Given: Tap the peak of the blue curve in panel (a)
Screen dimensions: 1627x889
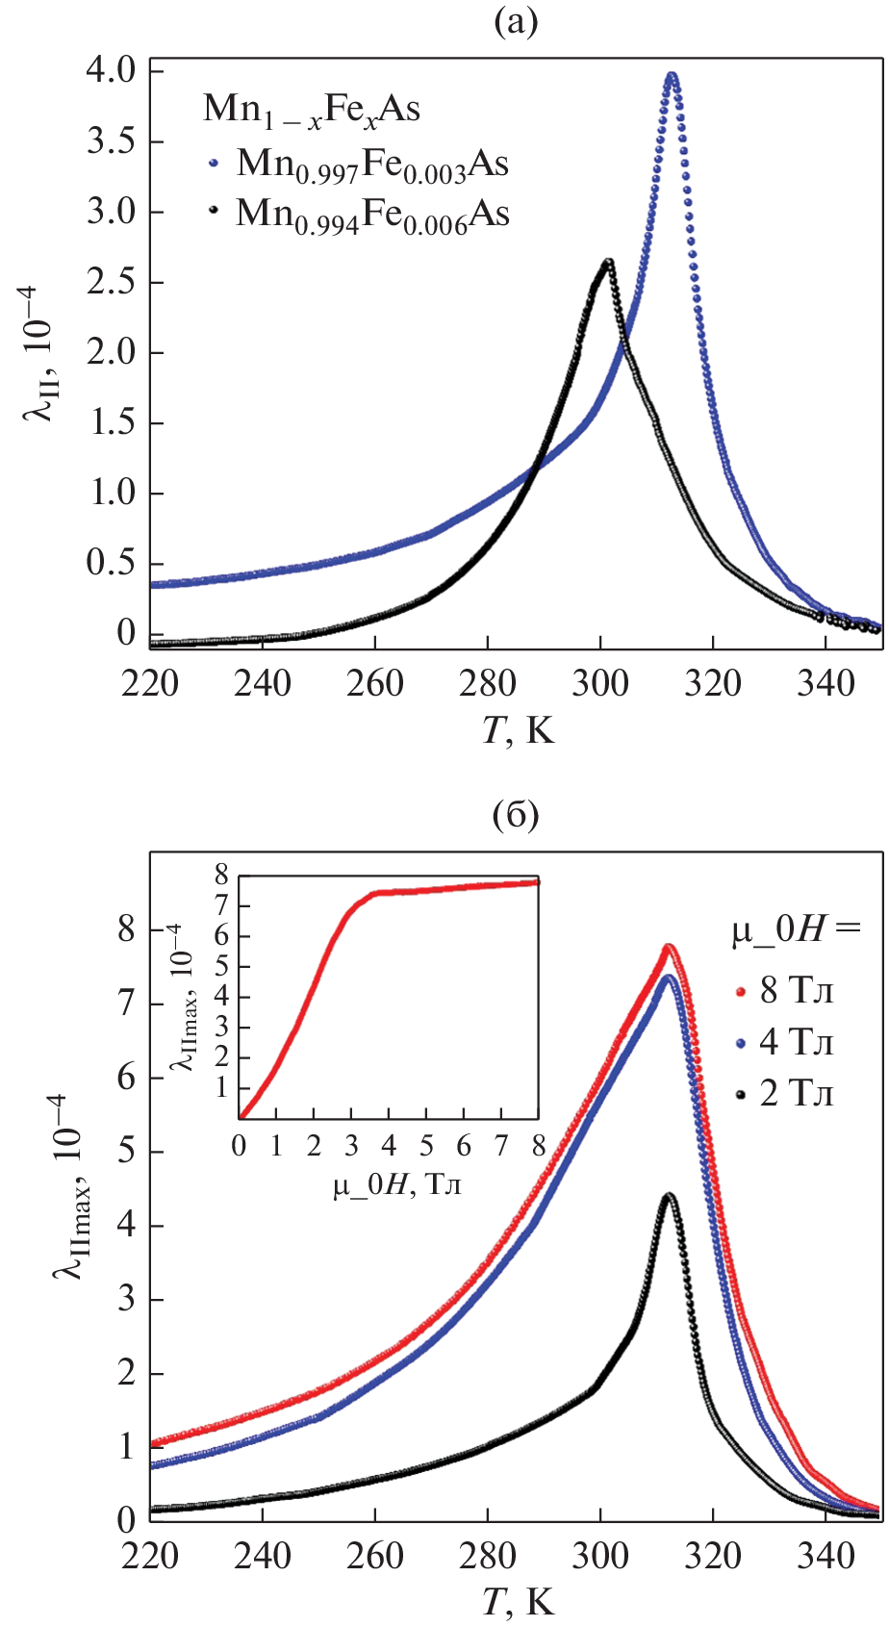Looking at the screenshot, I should pos(672,75).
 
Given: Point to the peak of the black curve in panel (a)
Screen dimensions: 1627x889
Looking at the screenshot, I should pos(608,262).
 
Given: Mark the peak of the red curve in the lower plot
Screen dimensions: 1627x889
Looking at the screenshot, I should pos(668,947).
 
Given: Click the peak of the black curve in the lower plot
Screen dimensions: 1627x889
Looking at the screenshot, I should pos(668,1196).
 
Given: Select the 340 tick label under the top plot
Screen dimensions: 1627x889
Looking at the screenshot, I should pos(825,684).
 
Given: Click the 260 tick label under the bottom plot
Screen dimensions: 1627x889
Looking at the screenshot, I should pos(375,1556).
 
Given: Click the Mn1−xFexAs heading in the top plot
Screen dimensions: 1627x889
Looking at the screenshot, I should pos(311,110).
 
